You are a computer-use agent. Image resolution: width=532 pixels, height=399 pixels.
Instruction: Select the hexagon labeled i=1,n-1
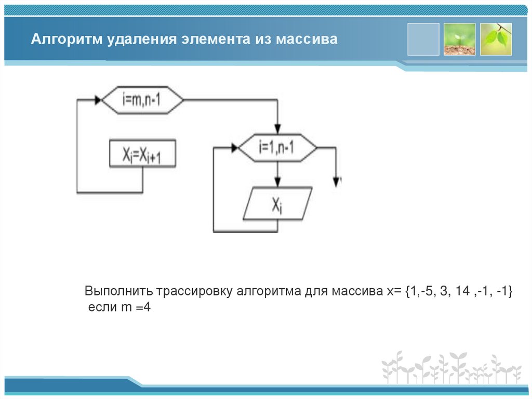click(277, 148)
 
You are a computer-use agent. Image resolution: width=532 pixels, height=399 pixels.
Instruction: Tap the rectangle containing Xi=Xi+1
click(142, 154)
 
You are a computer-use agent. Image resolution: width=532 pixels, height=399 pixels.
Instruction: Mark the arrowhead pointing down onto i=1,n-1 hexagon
click(277, 129)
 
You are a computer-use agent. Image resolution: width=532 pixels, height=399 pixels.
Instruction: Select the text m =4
click(136, 307)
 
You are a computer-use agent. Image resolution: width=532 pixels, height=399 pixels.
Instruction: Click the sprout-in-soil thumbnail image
click(459, 39)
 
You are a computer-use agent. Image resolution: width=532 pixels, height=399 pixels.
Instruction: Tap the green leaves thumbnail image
click(496, 39)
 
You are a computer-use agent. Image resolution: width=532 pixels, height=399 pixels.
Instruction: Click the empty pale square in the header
click(423, 39)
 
